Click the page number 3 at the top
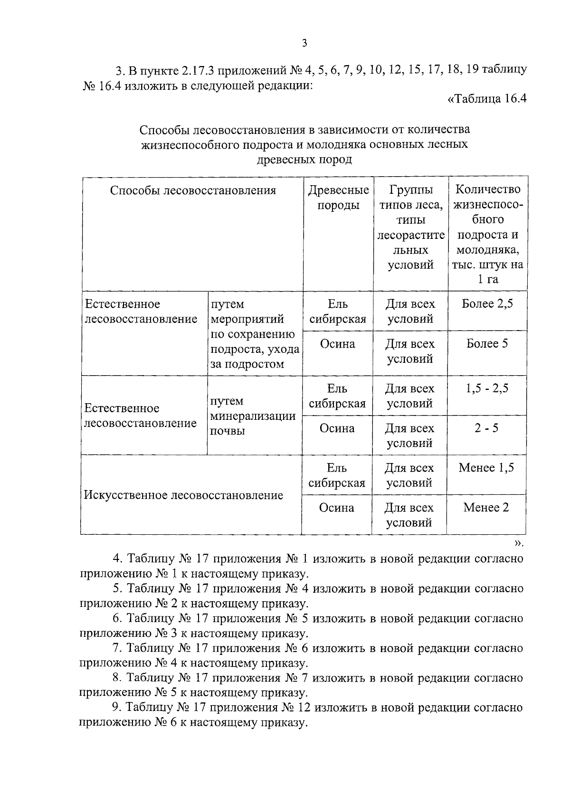(304, 44)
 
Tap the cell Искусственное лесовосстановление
(183, 495)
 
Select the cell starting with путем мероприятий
(255, 334)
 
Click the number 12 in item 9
(304, 708)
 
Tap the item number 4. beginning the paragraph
(118, 558)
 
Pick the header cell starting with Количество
(487, 234)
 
